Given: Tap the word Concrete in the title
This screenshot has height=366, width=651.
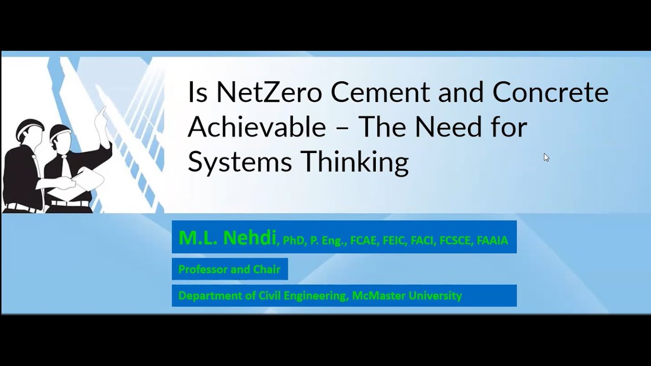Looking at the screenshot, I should point(550,93).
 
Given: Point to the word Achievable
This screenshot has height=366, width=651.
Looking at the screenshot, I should point(257,127).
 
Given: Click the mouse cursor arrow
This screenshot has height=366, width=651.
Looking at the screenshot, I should point(546,157).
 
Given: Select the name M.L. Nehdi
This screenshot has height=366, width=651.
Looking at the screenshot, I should point(227,238).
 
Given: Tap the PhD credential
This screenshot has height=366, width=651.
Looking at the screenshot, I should point(293,240).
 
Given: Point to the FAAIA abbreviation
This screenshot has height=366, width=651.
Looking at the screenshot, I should point(492,240).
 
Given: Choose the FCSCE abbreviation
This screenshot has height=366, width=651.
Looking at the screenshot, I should point(455,240).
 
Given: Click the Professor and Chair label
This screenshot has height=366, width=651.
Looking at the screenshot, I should point(229,269).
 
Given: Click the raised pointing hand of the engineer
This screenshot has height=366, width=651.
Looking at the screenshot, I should point(102,112).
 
